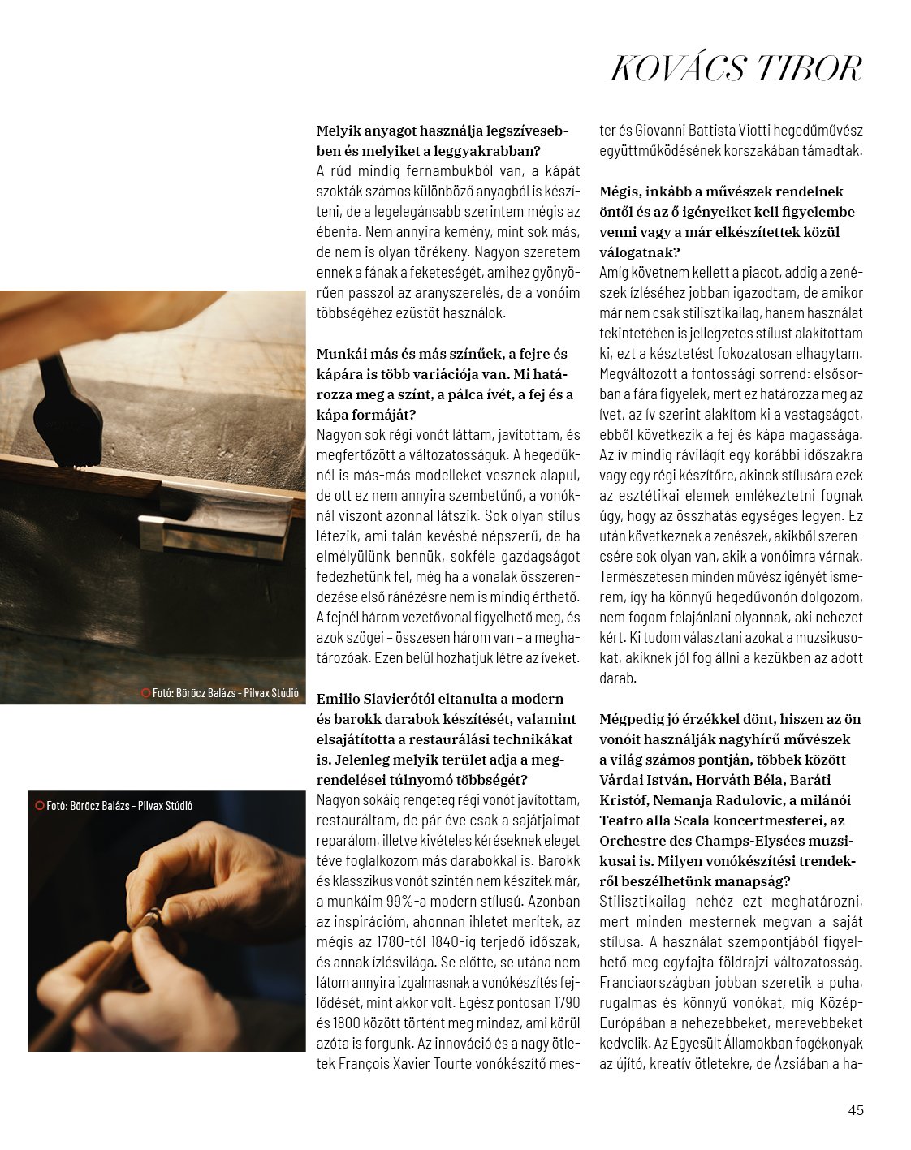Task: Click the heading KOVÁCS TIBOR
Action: [x=735, y=69]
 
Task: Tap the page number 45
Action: [x=855, y=1110]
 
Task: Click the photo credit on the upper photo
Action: [x=220, y=693]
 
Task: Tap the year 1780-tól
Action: [x=408, y=941]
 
